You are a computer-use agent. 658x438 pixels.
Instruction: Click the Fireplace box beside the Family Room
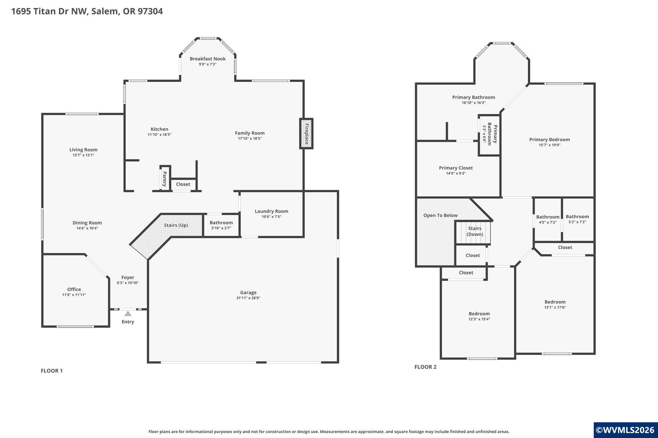pos(306,133)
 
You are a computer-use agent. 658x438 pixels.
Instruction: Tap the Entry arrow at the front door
pos(128,313)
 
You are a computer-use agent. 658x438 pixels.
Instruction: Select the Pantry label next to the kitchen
pos(164,179)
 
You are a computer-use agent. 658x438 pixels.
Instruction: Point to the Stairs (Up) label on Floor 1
pos(176,225)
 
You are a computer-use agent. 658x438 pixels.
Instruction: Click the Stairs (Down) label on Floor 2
pos(475,231)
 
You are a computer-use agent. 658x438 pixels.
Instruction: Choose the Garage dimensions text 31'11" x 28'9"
pos(248,298)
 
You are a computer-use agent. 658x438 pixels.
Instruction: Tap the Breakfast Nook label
pos(208,59)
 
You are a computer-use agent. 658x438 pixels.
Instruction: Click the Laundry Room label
pos(271,211)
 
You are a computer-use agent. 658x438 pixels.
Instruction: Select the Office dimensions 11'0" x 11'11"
pos(74,295)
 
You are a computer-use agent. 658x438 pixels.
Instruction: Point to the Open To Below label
pos(440,215)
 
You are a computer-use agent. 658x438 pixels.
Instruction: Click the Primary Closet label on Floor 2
pos(456,168)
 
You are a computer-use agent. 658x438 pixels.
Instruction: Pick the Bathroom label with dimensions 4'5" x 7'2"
pos(548,217)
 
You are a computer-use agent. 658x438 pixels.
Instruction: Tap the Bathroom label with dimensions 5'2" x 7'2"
pos(577,217)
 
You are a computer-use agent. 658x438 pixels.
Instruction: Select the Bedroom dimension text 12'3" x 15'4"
pos(479,319)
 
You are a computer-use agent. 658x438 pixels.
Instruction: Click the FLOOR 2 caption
pos(425,367)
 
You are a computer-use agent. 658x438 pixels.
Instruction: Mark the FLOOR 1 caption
pos(52,371)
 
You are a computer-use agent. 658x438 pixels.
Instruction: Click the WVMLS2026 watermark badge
pos(626,430)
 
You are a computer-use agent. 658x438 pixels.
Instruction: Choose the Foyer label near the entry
pos(128,278)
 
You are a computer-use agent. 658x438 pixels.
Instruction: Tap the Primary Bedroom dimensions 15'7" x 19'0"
pos(550,145)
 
